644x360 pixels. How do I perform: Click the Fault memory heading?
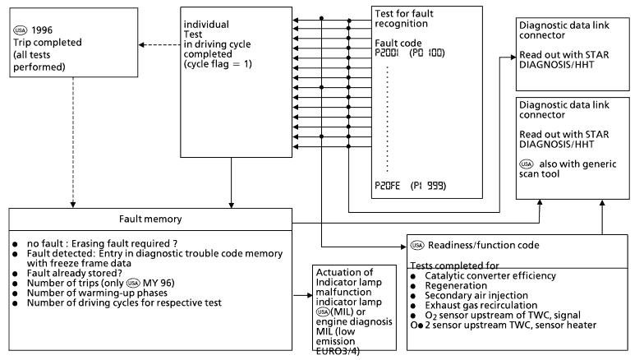[x=150, y=219]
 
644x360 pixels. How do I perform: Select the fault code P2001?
[x=386, y=53]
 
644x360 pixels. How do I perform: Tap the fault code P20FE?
[x=388, y=186]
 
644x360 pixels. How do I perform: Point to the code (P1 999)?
[x=429, y=186]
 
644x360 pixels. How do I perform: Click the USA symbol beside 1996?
[x=20, y=30]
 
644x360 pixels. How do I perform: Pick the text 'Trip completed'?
[x=48, y=43]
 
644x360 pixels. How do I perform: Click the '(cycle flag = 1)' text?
[x=218, y=64]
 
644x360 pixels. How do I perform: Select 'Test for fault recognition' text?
[x=404, y=18]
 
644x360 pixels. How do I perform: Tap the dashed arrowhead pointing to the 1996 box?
[x=141, y=44]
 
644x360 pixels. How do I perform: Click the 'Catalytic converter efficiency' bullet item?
[x=490, y=276]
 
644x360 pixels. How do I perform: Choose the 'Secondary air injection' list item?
[x=476, y=296]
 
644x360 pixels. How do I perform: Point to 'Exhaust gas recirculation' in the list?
[x=481, y=306]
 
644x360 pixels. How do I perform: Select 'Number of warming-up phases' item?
[x=97, y=293]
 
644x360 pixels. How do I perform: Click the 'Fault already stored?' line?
[x=75, y=273]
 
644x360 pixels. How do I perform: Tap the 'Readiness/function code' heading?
[x=483, y=245]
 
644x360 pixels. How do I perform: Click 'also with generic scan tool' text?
[x=568, y=168]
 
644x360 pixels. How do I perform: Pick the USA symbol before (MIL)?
[x=323, y=312]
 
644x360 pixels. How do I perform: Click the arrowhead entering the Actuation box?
[x=310, y=295]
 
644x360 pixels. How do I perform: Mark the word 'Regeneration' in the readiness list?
[x=456, y=286]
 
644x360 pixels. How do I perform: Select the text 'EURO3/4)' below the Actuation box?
[x=338, y=352]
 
